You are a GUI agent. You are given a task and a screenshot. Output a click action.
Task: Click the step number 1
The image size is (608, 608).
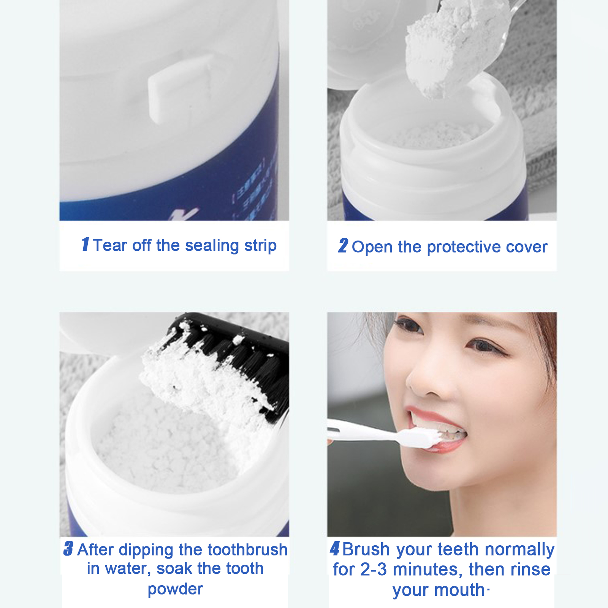(85, 244)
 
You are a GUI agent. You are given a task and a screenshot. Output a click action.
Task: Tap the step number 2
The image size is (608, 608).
(343, 245)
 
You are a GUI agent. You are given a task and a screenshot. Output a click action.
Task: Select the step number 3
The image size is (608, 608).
(68, 549)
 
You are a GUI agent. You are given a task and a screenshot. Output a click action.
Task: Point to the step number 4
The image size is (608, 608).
(335, 548)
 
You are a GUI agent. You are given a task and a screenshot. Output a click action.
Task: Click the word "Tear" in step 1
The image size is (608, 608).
(110, 245)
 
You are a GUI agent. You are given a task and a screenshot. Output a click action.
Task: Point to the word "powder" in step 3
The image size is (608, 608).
(175, 589)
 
